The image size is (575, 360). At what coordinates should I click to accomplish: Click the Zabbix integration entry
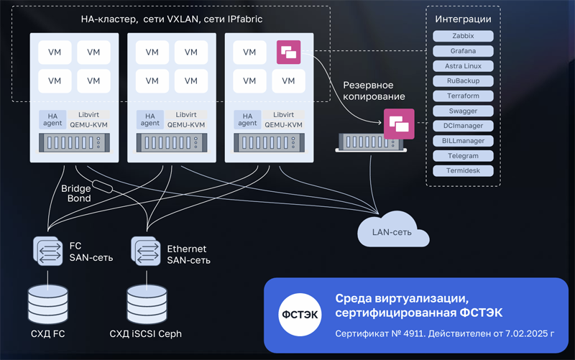(x=463, y=36)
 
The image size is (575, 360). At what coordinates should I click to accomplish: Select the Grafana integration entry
(x=463, y=51)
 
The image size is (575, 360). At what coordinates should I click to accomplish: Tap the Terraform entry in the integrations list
(x=463, y=96)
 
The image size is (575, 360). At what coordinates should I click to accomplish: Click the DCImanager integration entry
(x=463, y=126)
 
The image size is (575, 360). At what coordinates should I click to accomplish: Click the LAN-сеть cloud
(x=392, y=231)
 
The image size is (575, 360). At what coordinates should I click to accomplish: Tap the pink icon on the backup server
(x=398, y=124)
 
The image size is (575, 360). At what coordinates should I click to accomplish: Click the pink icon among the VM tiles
(x=289, y=52)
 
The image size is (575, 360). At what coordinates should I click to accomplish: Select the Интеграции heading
(x=463, y=19)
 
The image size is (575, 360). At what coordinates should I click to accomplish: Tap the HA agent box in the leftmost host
(x=52, y=119)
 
